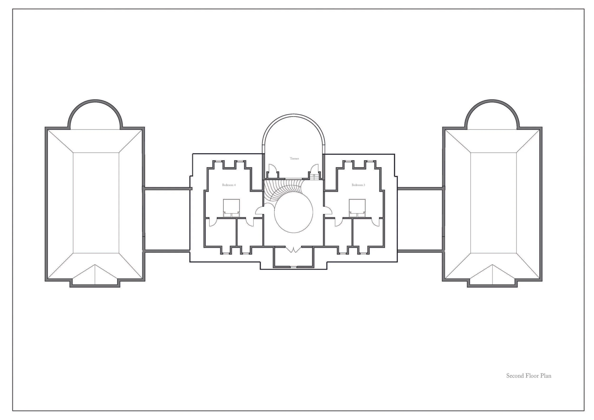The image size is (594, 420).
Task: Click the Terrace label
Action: pyautogui.click(x=294, y=158)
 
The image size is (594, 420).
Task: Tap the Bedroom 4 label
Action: pyautogui.click(x=229, y=185)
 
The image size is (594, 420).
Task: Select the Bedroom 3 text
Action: pyautogui.click(x=358, y=185)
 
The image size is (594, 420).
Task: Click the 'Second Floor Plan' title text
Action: pyautogui.click(x=529, y=383)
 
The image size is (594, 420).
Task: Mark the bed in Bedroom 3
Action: pyautogui.click(x=357, y=208)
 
